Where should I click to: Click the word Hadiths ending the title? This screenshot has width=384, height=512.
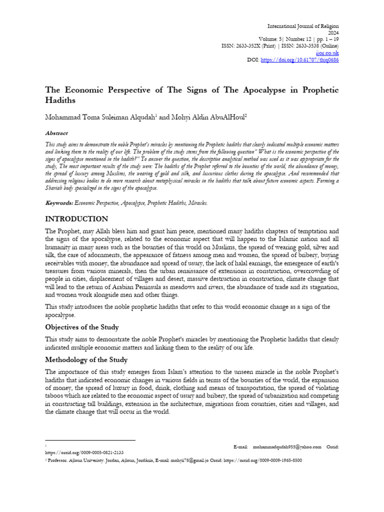[60, 99]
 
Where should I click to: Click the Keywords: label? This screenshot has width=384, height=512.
[59, 203]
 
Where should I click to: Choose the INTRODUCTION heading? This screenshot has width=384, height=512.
[76, 219]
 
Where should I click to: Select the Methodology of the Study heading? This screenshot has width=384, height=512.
[86, 359]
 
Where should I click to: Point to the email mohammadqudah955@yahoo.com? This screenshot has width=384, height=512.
[287, 446]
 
